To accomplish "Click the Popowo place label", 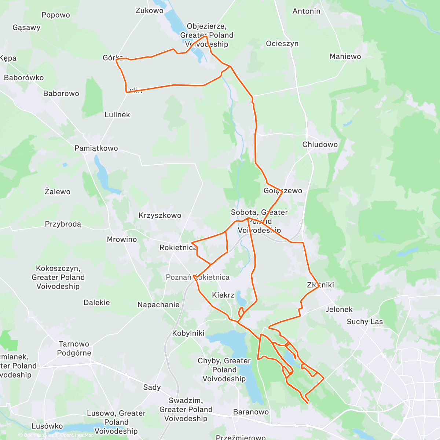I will [x=55, y=15].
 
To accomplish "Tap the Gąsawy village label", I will [x=26, y=27].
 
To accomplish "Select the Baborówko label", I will [x=24, y=78].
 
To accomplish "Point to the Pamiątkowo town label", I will [x=96, y=148].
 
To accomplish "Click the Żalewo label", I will [x=57, y=191].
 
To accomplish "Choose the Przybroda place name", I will [x=63, y=224].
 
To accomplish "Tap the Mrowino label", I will [x=122, y=239].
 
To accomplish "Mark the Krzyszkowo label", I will [x=160, y=216].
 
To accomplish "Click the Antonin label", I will [x=306, y=11].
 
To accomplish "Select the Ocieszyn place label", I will [x=282, y=44].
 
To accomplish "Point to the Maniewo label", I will [x=345, y=56].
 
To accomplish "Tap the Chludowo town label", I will [x=320, y=144].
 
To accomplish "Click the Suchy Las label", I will [x=364, y=322].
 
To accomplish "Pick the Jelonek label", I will [x=339, y=309].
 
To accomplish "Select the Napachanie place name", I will [x=158, y=305].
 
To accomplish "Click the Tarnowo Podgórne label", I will [x=74, y=348].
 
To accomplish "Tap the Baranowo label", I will [x=251, y=412].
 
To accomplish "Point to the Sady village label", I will [x=152, y=388].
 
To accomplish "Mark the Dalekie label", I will [x=96, y=302].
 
